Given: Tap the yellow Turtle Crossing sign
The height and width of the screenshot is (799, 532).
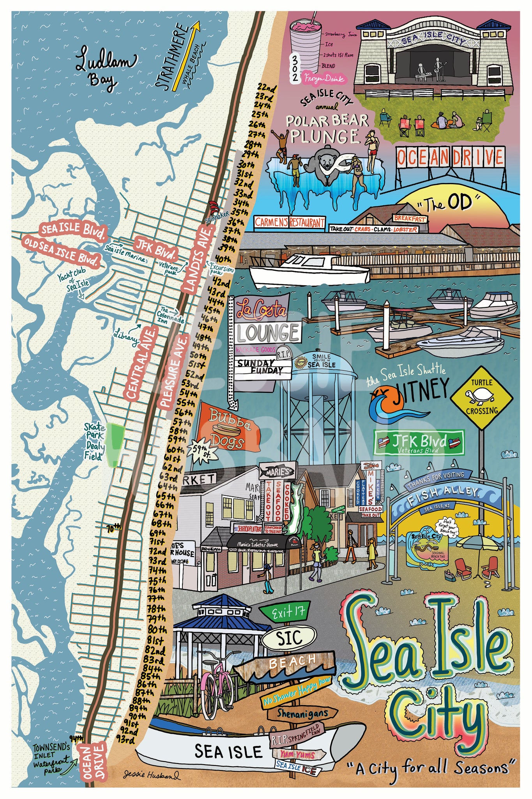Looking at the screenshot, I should click(x=482, y=398).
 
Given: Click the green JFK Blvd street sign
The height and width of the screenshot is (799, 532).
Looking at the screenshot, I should click(x=419, y=442).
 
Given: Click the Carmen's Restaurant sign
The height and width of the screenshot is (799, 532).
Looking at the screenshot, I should click(x=290, y=222).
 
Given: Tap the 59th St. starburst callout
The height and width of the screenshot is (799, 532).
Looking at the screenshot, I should click(x=201, y=452).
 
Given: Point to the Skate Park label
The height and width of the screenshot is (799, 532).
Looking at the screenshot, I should click(x=94, y=431).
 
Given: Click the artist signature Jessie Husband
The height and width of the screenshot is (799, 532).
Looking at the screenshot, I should click(x=152, y=774).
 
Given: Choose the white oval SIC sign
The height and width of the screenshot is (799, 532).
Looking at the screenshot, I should click(x=288, y=637).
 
